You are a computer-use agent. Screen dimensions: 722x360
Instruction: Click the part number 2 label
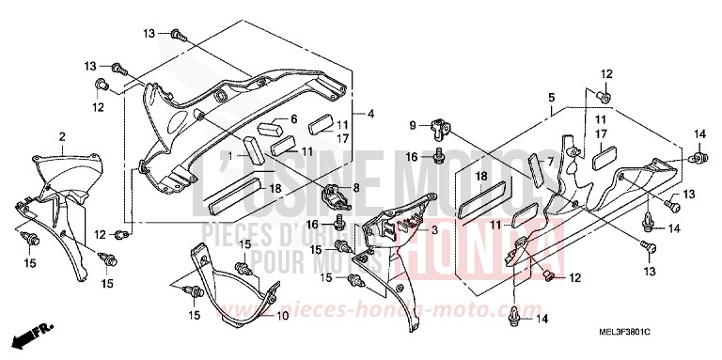pos(61,137)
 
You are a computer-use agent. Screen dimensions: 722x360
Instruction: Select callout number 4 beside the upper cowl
pos(370,114)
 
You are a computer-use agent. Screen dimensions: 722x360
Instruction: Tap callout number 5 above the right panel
pos(552,97)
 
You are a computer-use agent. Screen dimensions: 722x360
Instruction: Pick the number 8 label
pos(355,188)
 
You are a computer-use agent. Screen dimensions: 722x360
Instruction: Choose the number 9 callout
pos(411,125)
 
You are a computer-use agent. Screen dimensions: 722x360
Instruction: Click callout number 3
pos(434,229)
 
